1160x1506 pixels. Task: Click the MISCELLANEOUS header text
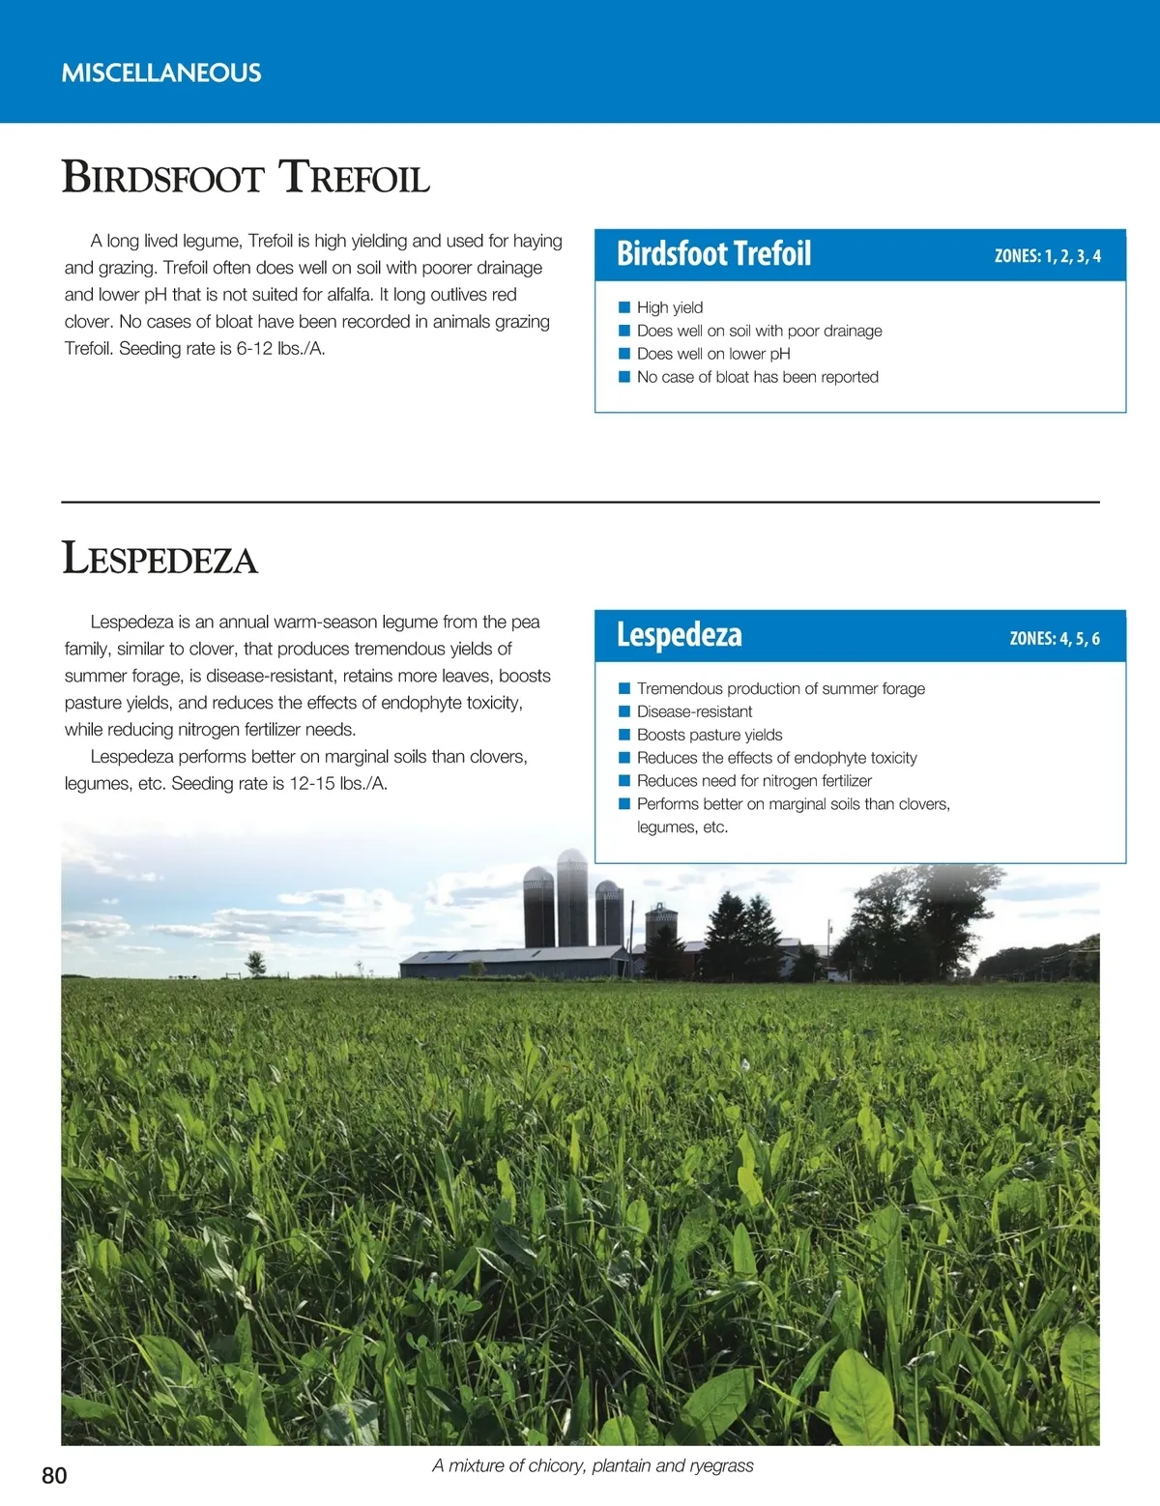pos(161,73)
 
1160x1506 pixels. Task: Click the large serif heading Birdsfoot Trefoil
pos(246,179)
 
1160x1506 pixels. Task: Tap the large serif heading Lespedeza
pos(159,560)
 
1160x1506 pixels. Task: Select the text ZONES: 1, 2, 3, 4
pos(1047,256)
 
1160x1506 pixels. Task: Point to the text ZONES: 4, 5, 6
pos(1054,639)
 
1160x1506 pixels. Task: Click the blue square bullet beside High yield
pos(624,307)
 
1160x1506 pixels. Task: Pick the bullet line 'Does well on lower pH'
pos(713,354)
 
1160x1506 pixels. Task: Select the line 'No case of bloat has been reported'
pos(757,377)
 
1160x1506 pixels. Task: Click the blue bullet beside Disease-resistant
pos(624,711)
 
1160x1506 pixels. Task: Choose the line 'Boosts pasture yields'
pos(710,735)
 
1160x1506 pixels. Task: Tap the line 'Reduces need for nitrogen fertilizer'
pos(754,781)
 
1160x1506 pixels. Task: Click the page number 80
pos(54,1475)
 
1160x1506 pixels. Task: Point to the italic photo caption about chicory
pos(593,1465)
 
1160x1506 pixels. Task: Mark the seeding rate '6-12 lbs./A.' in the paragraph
pos(280,349)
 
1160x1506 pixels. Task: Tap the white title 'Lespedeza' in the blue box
pos(680,635)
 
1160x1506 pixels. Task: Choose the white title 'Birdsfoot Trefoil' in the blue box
pos(713,254)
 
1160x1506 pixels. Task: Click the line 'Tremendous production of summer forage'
pos(780,688)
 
